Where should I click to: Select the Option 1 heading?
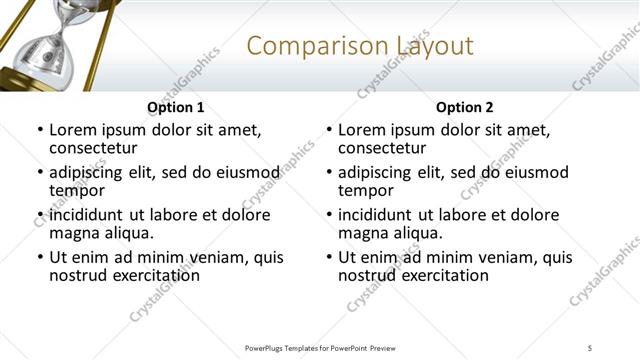[x=176, y=107]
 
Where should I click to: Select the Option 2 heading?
[x=464, y=107]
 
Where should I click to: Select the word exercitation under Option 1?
[x=152, y=276]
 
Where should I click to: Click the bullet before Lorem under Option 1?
[x=39, y=130]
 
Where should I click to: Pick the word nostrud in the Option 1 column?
[x=76, y=276]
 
